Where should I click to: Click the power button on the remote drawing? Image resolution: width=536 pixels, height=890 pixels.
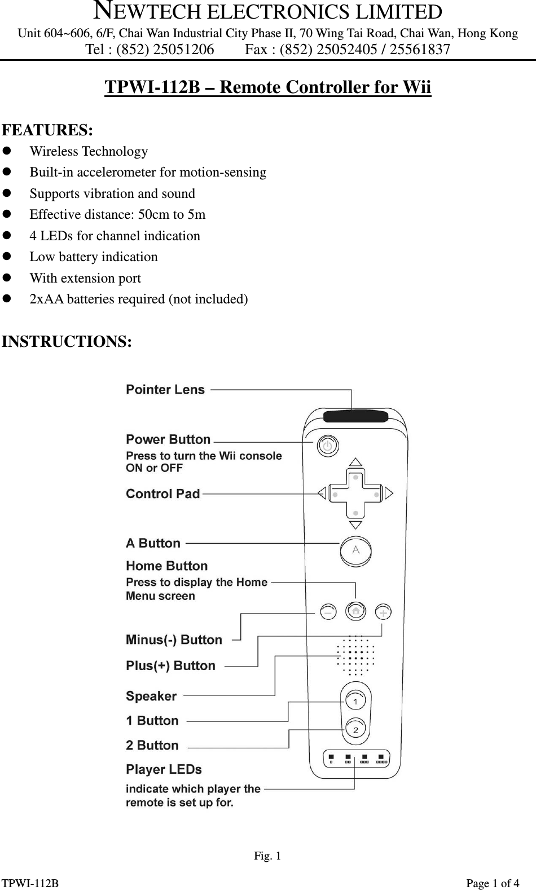point(327,446)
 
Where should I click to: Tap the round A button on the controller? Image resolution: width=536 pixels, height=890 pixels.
point(355,550)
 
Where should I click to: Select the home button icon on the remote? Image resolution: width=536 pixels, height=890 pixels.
point(355,611)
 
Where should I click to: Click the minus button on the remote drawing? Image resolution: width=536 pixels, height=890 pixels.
point(328,612)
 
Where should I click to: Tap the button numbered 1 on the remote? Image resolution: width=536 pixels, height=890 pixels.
point(355,701)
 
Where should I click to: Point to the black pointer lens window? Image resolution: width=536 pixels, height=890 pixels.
point(355,417)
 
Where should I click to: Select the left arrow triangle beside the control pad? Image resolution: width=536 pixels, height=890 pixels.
point(322,494)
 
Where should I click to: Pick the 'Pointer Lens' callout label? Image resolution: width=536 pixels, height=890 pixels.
point(165,390)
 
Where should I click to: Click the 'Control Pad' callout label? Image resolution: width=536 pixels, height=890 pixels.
point(163,494)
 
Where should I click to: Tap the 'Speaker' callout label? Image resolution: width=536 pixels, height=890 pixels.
point(151,697)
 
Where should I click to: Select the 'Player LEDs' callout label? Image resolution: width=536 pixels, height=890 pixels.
point(164,770)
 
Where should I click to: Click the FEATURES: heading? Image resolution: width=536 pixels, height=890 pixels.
point(48,130)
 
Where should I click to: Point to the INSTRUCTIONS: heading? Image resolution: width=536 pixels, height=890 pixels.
point(67,342)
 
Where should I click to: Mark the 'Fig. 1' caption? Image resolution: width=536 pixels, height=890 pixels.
point(267,856)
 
